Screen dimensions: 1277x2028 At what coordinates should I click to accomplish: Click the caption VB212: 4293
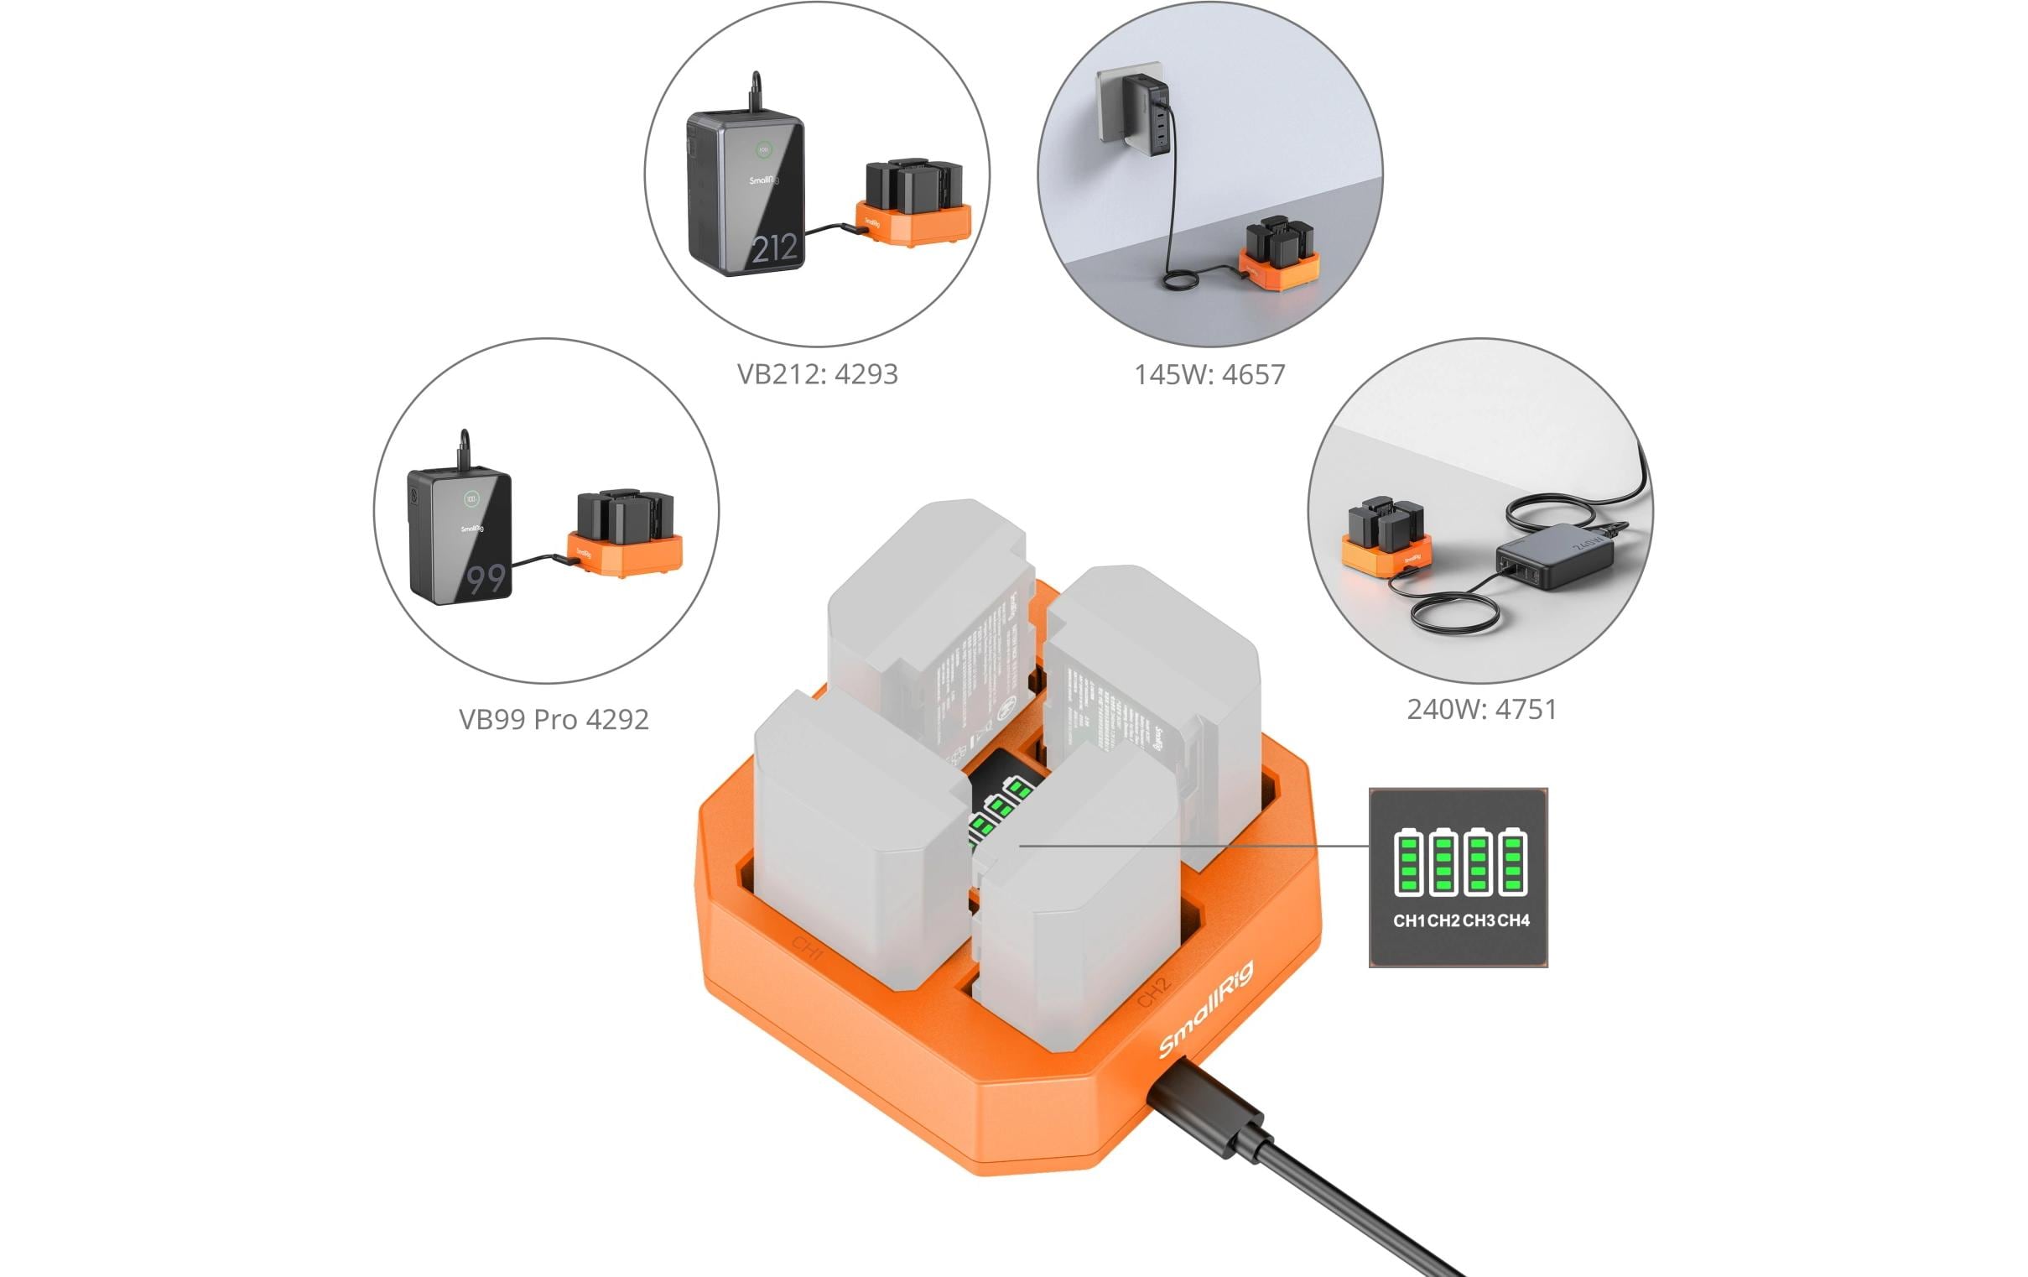tap(817, 374)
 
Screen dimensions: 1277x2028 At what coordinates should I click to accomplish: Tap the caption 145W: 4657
tap(1209, 375)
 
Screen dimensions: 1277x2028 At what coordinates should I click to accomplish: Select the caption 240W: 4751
tap(1481, 709)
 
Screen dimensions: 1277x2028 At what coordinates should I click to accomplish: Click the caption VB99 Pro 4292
tap(554, 719)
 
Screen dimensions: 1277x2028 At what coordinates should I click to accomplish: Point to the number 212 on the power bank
tap(773, 248)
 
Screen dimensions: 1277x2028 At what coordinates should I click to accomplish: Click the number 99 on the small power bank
tap(486, 579)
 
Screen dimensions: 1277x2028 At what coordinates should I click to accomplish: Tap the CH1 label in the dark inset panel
tap(1408, 920)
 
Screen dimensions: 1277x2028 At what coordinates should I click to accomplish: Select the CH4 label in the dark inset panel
tap(1513, 920)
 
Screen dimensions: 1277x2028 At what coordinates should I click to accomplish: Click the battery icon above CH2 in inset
tap(1443, 863)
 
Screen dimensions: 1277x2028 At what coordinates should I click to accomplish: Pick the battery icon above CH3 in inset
tap(1478, 863)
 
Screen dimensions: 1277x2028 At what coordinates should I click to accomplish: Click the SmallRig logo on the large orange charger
tap(1205, 1009)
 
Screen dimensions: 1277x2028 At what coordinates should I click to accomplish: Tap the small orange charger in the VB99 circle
tap(624, 555)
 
